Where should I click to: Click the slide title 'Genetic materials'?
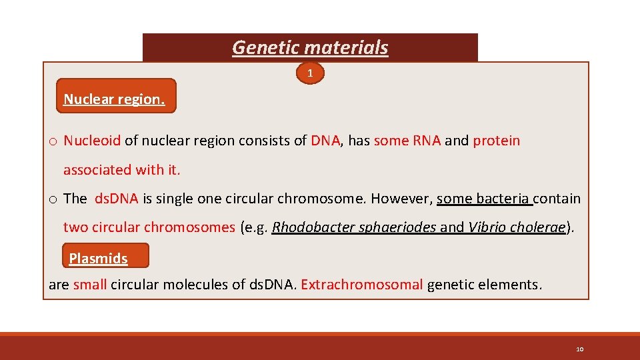(x=310, y=48)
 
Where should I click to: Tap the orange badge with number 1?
(x=310, y=73)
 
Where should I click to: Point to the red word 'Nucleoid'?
(x=92, y=141)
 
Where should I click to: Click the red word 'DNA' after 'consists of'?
(x=325, y=141)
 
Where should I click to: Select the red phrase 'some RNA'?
(x=407, y=141)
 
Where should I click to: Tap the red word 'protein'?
(x=496, y=141)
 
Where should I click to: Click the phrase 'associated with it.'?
(x=121, y=170)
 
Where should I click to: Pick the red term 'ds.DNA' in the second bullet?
(x=116, y=199)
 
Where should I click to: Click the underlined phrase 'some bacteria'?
(x=483, y=199)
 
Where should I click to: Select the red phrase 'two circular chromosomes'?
(x=149, y=227)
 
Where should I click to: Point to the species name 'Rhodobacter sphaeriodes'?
(x=354, y=227)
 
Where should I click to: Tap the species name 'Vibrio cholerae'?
(x=517, y=227)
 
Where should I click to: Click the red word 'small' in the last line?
(x=90, y=285)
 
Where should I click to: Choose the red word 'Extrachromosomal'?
(x=361, y=285)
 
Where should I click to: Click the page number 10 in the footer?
(x=579, y=349)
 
